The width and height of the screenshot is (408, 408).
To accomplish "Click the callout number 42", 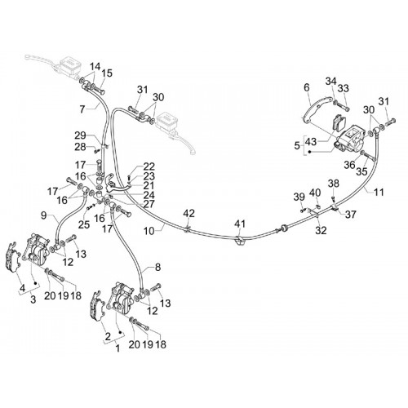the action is [x=188, y=213].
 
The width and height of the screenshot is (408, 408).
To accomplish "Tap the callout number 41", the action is [x=240, y=224].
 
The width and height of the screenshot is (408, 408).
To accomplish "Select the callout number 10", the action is [x=149, y=231].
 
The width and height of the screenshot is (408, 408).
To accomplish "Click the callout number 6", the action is [x=307, y=87].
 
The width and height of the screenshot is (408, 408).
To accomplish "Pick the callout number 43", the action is [x=311, y=142].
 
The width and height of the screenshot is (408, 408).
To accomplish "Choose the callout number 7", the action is [x=82, y=109].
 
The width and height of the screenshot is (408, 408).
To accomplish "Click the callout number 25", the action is [x=84, y=224].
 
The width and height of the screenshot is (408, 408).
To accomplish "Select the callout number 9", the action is [x=44, y=216].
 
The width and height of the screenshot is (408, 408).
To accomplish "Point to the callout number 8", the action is [x=158, y=267].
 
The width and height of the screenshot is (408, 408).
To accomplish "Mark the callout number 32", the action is [x=321, y=230].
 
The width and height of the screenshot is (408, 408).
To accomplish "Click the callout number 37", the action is [x=350, y=215].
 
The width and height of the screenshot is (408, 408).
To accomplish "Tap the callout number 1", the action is [x=118, y=348].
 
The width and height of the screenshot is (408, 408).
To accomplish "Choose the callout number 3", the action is [x=33, y=299].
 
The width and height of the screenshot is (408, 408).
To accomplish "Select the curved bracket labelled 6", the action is [x=316, y=108].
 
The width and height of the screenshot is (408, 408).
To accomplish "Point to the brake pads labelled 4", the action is [x=12, y=257].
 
